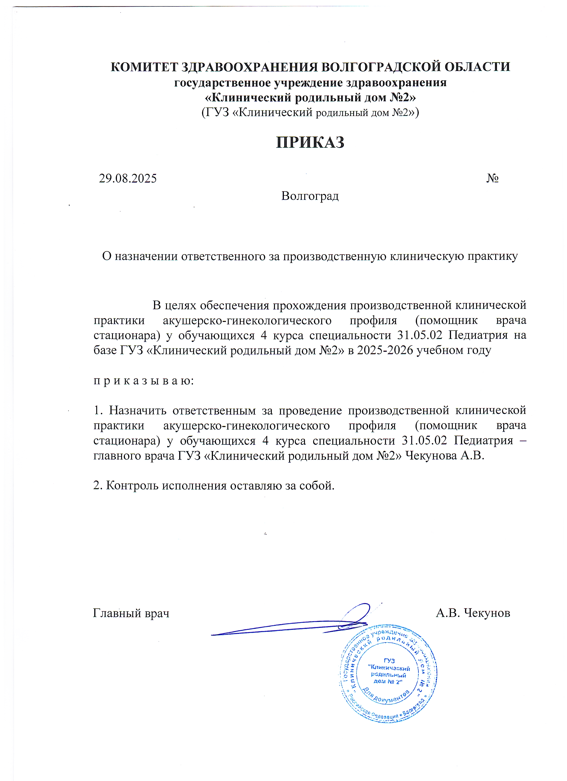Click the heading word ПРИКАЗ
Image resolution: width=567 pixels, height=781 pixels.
(x=310, y=142)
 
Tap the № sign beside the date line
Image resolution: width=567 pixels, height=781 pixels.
(x=492, y=178)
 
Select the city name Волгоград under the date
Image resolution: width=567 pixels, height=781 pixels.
(x=310, y=196)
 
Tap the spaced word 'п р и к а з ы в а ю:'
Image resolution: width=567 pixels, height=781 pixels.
(x=144, y=381)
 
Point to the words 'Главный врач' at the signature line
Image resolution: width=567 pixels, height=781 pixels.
(x=131, y=613)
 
